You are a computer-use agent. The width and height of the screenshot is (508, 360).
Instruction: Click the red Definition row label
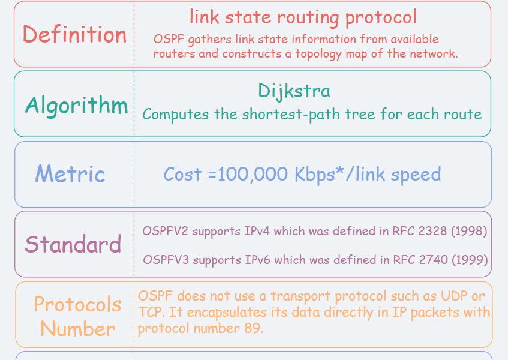pyautogui.click(x=74, y=34)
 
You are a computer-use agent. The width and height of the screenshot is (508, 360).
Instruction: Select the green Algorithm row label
pyautogui.click(x=77, y=106)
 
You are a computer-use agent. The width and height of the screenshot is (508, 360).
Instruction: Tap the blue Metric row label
pyautogui.click(x=70, y=175)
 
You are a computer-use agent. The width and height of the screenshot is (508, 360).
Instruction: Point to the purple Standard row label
pyautogui.click(x=73, y=244)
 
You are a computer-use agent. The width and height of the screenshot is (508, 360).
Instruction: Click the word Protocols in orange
pyautogui.click(x=77, y=304)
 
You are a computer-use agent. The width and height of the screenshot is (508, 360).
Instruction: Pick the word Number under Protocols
pyautogui.click(x=77, y=329)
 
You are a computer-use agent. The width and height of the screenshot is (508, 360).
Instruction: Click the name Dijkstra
pyautogui.click(x=294, y=91)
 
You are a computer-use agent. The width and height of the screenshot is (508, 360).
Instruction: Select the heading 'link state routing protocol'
pyautogui.click(x=303, y=17)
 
